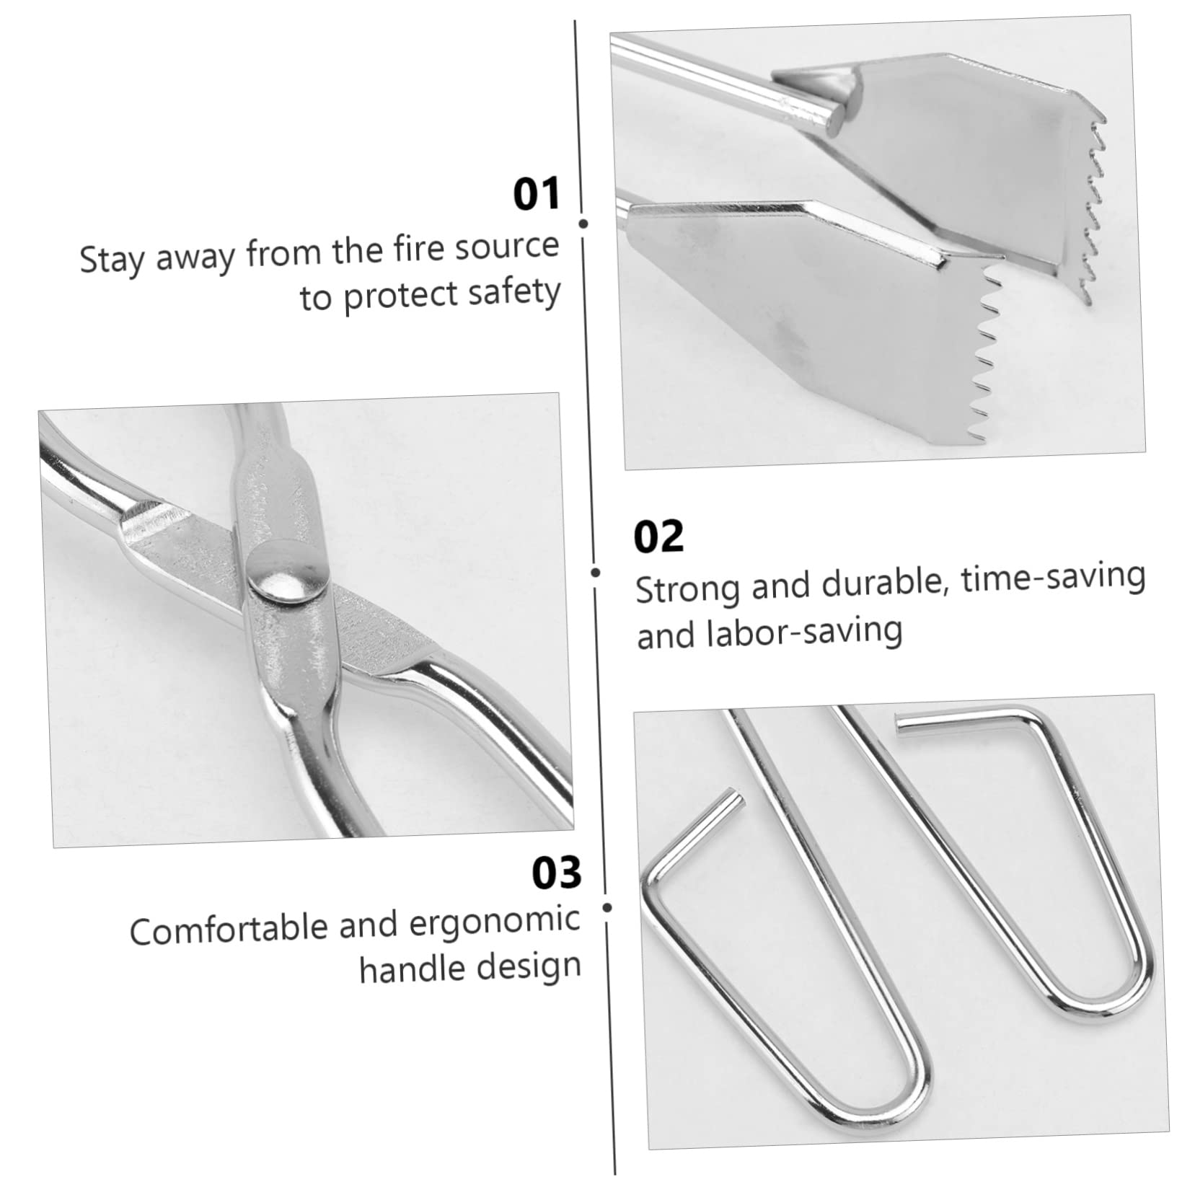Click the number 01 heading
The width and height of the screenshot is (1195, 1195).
pyautogui.click(x=536, y=195)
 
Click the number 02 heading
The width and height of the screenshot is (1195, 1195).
pyautogui.click(x=658, y=537)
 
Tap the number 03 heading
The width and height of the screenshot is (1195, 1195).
pyautogui.click(x=556, y=873)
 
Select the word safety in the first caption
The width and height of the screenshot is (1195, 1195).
pyautogui.click(x=513, y=292)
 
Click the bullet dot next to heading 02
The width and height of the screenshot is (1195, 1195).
pyautogui.click(x=596, y=573)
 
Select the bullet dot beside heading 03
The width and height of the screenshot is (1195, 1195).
pyautogui.click(x=607, y=907)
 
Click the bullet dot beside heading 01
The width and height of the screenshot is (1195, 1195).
pyautogui.click(x=583, y=224)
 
